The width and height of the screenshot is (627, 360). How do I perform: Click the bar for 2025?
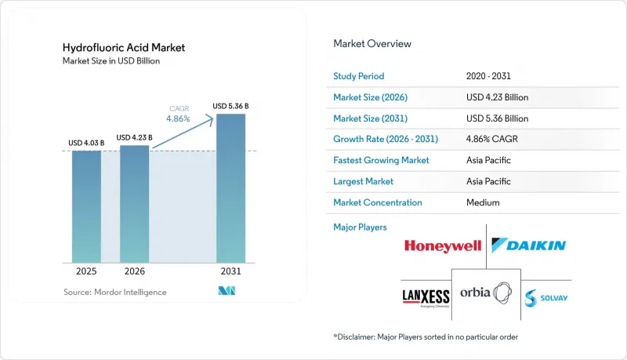[86, 207]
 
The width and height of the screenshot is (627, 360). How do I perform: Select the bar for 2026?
[134, 204]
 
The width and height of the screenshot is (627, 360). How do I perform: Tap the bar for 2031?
[230, 188]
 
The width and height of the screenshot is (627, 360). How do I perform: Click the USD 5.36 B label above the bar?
[230, 106]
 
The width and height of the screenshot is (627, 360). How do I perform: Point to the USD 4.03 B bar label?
[86, 143]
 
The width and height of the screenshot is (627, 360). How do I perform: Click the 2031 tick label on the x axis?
[230, 271]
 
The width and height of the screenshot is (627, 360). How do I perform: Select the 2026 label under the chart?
[134, 271]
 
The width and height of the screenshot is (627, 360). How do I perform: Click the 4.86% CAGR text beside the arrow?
[179, 114]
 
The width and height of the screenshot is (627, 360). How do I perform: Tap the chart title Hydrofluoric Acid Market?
[124, 48]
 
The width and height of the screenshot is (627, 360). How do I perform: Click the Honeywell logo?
[443, 245]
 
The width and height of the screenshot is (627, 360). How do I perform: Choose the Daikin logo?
[528, 245]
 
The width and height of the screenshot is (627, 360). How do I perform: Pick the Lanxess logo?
[426, 298]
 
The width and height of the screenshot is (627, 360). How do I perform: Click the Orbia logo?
[486, 293]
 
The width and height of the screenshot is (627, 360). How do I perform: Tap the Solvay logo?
[545, 298]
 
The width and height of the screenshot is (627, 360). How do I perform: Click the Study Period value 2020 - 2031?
[488, 76]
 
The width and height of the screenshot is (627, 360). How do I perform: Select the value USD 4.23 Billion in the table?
[497, 97]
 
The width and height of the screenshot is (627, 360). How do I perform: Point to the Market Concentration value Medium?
[483, 202]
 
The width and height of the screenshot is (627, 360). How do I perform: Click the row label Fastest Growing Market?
[381, 160]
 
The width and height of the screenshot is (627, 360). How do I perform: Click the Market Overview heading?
[372, 44]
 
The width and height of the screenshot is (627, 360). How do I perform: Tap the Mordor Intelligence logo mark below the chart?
[227, 291]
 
